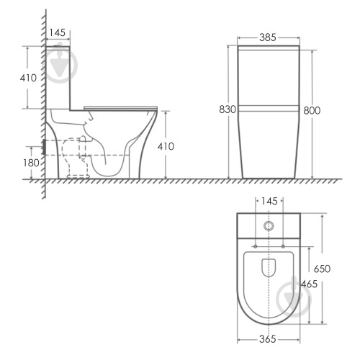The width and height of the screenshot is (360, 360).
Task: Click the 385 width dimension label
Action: pos(268,37)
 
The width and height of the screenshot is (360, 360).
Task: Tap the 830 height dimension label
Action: pos(228,109)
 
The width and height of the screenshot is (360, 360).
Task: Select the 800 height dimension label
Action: pos(312,111)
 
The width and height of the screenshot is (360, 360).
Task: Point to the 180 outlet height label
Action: pos(31,163)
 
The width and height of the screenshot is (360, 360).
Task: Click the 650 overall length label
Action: pos(322,269)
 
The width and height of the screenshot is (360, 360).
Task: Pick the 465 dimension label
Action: pos(309,284)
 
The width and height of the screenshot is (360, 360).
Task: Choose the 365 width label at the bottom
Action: pos(268,339)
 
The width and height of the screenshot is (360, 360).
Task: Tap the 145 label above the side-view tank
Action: pos(57,32)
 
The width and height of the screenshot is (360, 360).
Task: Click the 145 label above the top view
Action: pos(269,201)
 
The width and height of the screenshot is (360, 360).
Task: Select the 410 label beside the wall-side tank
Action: pos(28,78)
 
